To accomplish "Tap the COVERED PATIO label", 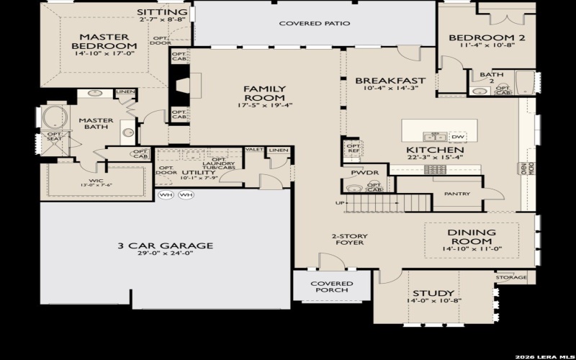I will [315, 24].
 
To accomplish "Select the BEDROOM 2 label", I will [482, 37].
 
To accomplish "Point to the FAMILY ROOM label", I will [264, 93].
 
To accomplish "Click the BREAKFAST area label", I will [390, 81].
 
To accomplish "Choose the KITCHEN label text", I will [431, 150].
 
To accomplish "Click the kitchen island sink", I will [433, 136].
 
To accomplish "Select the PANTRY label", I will [457, 194].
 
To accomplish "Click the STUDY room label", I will [433, 293].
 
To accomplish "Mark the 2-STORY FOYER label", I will [347, 239].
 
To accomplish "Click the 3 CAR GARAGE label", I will [165, 246].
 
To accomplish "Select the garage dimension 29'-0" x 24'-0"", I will [165, 254].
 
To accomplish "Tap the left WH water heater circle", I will [166, 195].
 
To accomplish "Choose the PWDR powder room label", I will [360, 174].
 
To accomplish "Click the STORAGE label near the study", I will [511, 276].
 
